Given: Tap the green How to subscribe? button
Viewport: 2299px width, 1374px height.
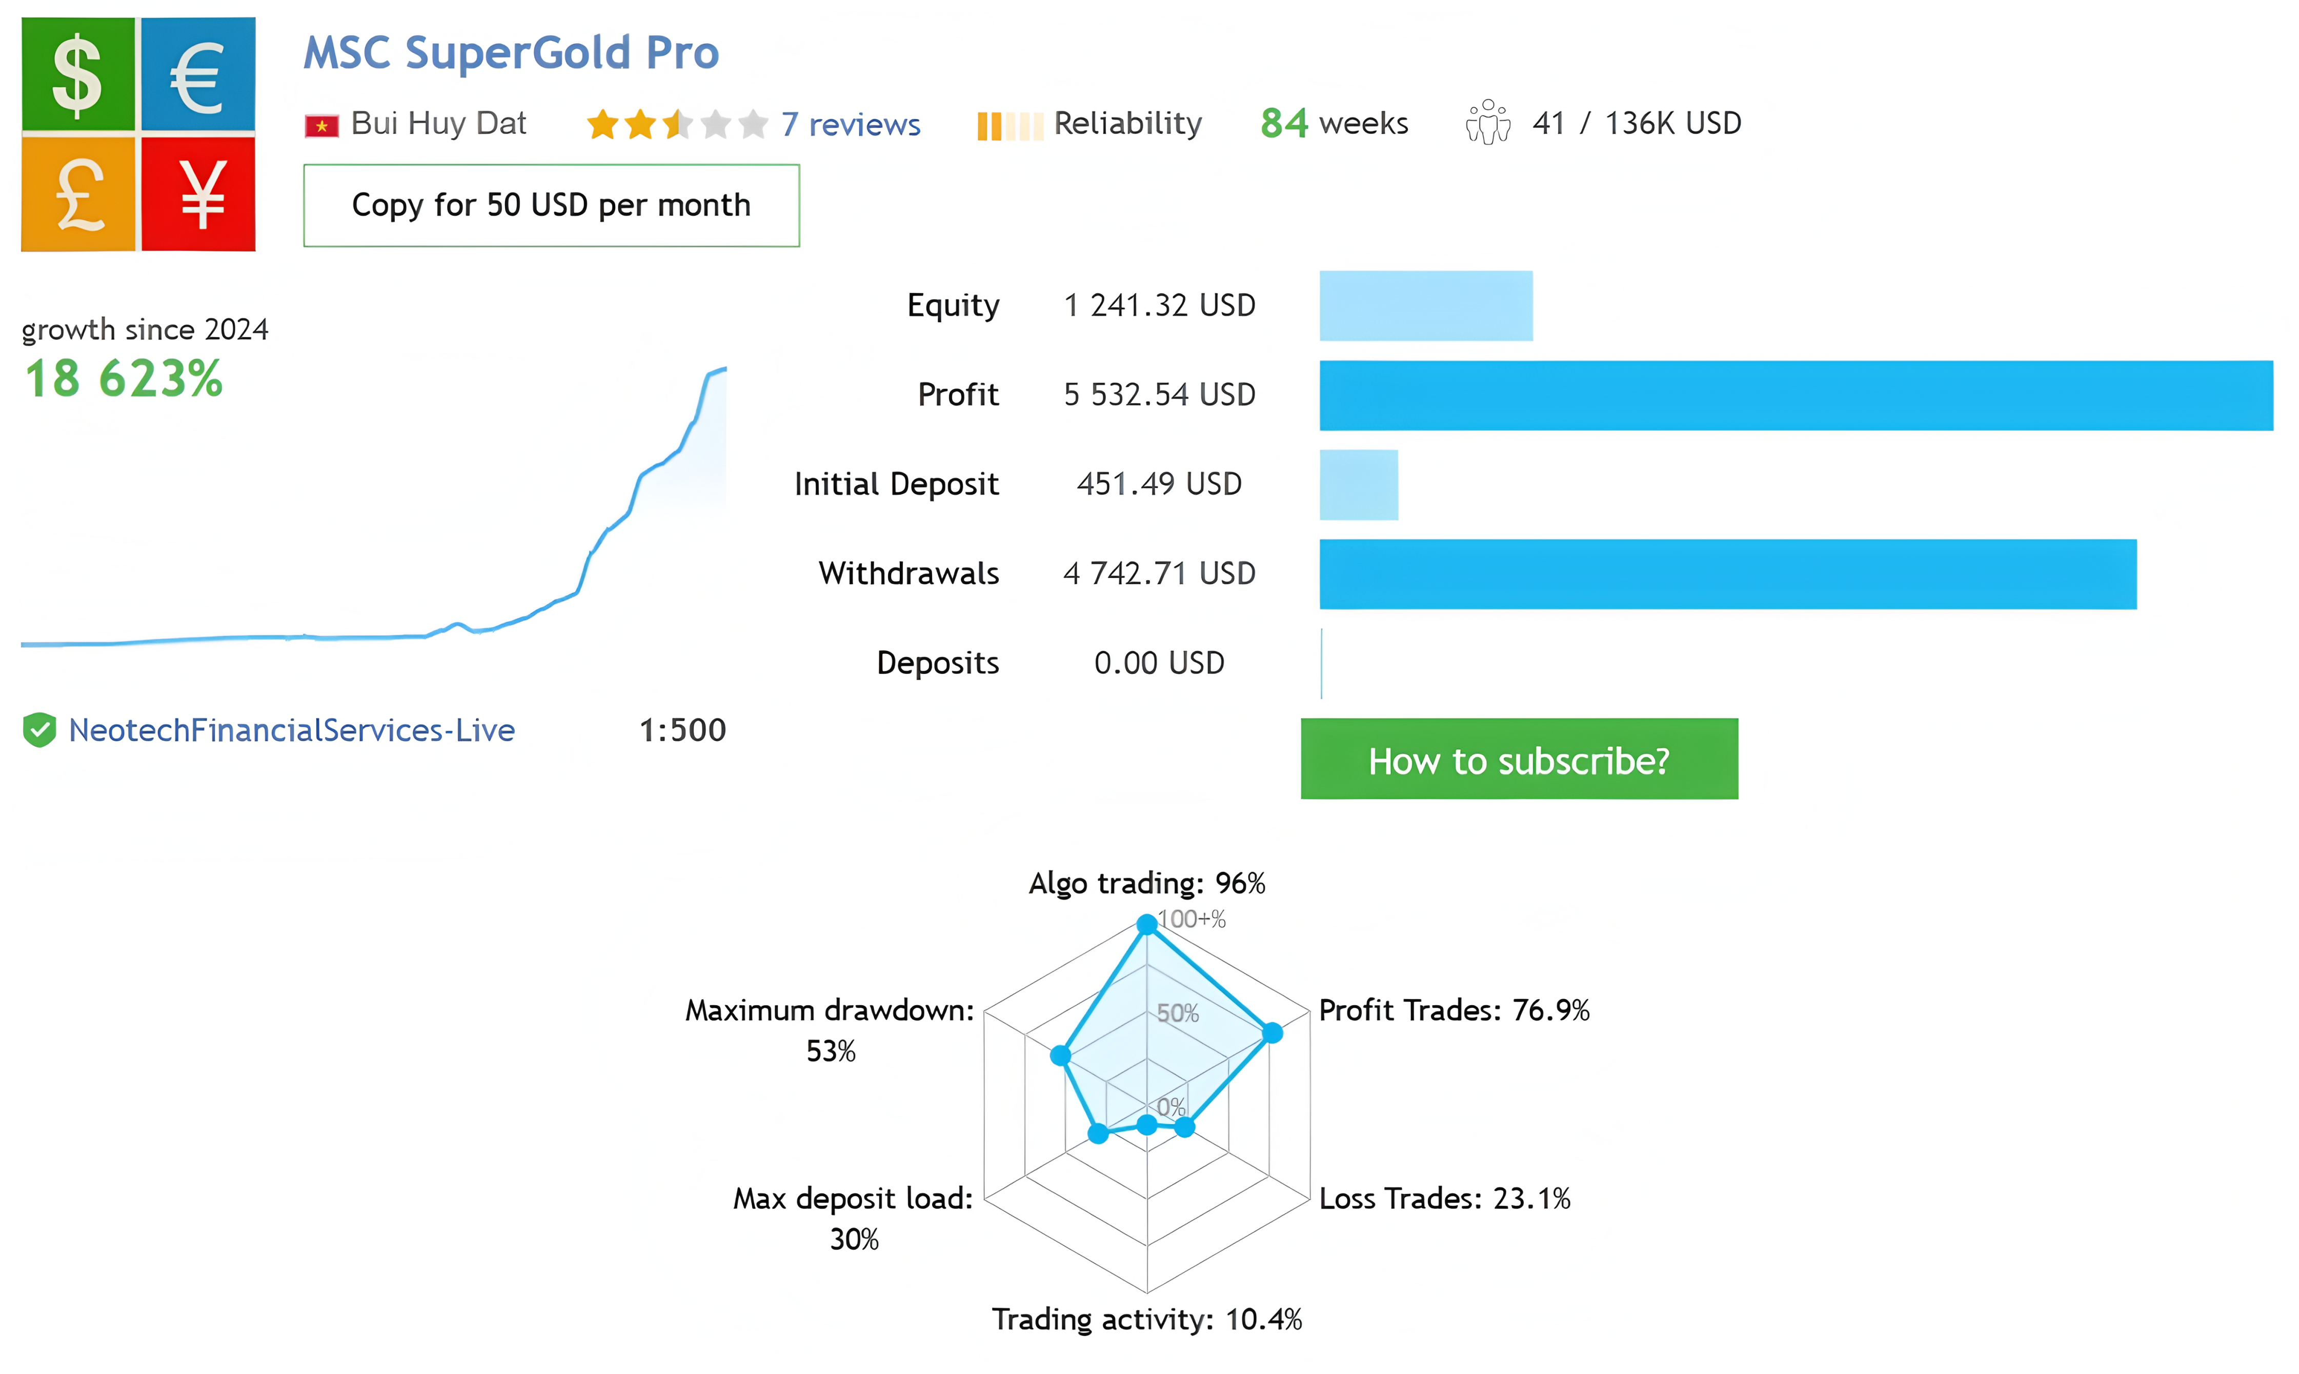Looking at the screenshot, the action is tap(1519, 759).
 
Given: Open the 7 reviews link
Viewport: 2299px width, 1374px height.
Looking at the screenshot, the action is tap(851, 124).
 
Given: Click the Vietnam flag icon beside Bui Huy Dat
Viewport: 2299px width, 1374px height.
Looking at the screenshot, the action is tap(321, 125).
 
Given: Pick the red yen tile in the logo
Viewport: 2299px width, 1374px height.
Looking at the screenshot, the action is tap(198, 193).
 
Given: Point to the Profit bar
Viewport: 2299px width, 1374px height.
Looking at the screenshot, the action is tap(1796, 395).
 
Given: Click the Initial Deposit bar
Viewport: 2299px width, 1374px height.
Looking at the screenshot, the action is tap(1359, 484).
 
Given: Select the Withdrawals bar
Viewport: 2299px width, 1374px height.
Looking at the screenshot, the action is tap(1728, 574).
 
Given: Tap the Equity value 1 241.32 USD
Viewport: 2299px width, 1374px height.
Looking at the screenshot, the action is tap(1160, 306).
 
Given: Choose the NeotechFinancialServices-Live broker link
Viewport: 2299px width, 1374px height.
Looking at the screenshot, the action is tap(292, 730).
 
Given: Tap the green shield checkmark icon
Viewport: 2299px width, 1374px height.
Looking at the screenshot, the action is tap(40, 730).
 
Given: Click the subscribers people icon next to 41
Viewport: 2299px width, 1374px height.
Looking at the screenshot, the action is tap(1487, 122).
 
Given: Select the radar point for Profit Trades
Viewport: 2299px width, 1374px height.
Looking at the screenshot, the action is tap(1273, 1032).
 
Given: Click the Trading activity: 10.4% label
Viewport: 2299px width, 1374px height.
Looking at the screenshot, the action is tap(1147, 1319).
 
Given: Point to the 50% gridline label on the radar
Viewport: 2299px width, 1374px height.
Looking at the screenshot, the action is tap(1177, 1013).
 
